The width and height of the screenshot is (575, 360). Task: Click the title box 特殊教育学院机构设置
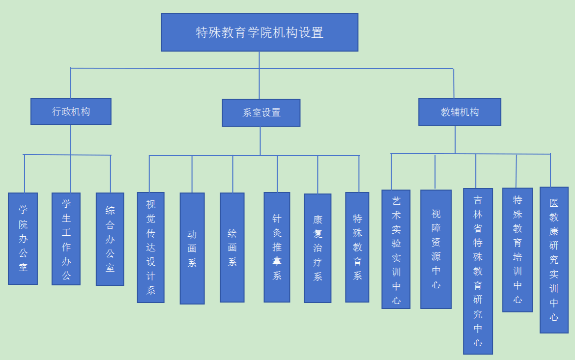[x=259, y=32]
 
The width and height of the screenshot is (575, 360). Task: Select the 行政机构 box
[x=71, y=111]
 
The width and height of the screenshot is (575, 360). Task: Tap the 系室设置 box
[x=261, y=112]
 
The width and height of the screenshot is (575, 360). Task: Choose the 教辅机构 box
[x=460, y=112]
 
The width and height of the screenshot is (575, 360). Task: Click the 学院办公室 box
[x=23, y=238]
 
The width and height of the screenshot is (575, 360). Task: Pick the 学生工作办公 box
[x=66, y=239]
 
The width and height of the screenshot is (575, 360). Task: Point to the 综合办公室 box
[x=110, y=239]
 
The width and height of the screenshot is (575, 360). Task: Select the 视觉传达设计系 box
[x=151, y=247]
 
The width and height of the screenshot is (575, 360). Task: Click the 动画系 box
[x=192, y=248]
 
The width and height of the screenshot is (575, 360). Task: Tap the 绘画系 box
[x=232, y=247]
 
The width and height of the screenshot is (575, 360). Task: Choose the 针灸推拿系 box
[x=277, y=247]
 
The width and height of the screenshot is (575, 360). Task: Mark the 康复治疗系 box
[x=317, y=248]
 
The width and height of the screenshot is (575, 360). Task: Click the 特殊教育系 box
[x=357, y=247]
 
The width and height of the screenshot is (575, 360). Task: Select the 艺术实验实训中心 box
[x=396, y=249]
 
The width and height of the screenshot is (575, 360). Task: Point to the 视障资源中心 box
[x=436, y=249]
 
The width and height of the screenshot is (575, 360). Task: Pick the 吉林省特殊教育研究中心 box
[x=478, y=271]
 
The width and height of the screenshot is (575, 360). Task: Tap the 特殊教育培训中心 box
[x=517, y=249]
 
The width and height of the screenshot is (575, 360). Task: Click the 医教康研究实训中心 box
[x=554, y=260]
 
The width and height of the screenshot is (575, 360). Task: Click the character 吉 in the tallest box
[x=478, y=200]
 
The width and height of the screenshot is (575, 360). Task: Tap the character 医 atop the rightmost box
[x=554, y=203]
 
